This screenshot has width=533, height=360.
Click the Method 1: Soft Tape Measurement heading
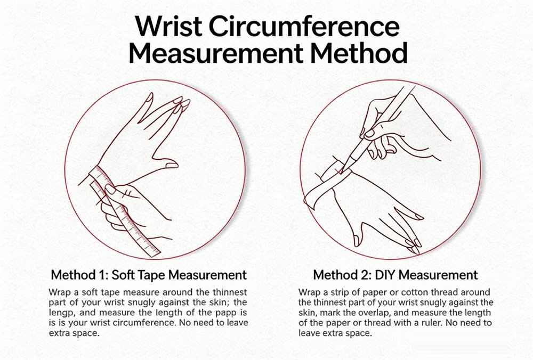(x=149, y=275)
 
